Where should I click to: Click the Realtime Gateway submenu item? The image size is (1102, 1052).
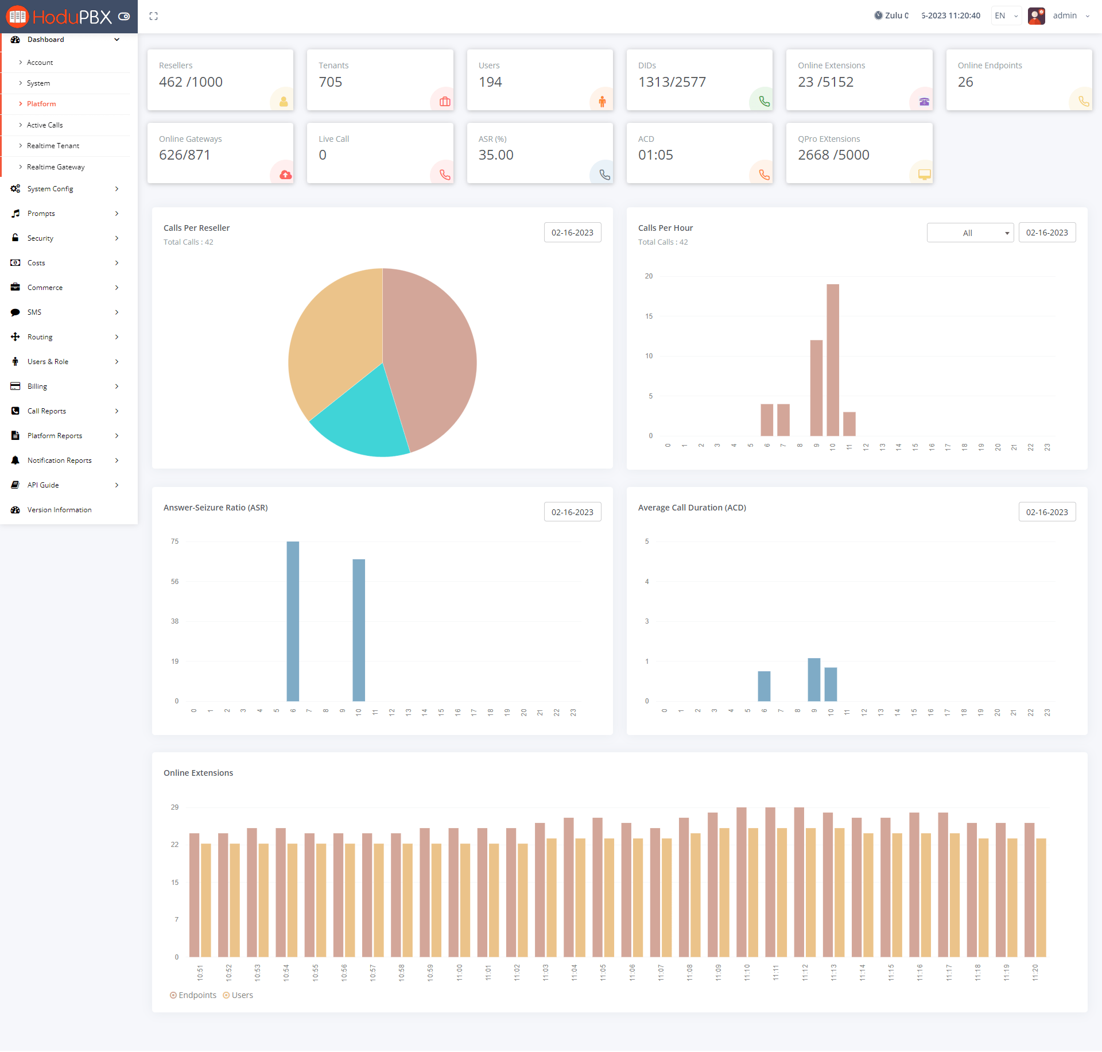pyautogui.click(x=56, y=167)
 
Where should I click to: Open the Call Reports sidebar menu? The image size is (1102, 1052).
pyautogui.click(x=46, y=411)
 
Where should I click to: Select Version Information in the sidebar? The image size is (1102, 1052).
pyautogui.click(x=59, y=510)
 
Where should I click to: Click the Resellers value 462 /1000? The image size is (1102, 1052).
pyautogui.click(x=191, y=82)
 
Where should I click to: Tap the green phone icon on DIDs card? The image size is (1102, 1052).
pyautogui.click(x=764, y=102)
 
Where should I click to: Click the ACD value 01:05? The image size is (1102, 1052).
pyautogui.click(x=655, y=155)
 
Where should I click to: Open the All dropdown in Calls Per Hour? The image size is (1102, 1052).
pyautogui.click(x=970, y=233)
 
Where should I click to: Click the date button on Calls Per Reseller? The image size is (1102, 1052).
pyautogui.click(x=572, y=233)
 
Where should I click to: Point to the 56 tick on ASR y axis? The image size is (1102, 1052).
pyautogui.click(x=174, y=582)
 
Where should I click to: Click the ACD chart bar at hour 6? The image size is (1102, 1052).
pyautogui.click(x=764, y=686)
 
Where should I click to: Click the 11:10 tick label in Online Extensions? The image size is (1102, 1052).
pyautogui.click(x=747, y=972)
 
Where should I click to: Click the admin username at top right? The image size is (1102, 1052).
pyautogui.click(x=1065, y=16)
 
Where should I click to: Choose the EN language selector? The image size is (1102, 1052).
pyautogui.click(x=1006, y=16)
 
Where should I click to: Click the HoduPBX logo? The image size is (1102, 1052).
pyautogui.click(x=60, y=17)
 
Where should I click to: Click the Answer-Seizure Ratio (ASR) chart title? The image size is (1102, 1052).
pyautogui.click(x=215, y=508)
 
